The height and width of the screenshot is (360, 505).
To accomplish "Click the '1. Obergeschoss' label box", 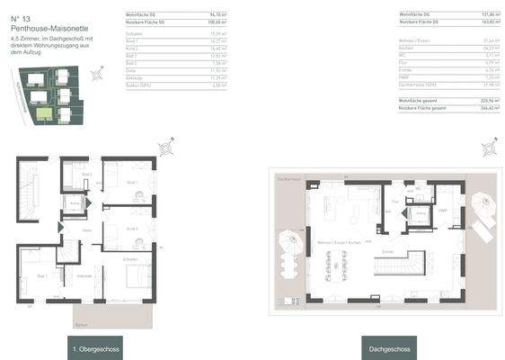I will coord(95,348).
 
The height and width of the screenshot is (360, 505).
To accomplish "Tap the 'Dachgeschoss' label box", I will coord(390,348).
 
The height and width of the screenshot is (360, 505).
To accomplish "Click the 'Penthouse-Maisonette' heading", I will coord(44,27).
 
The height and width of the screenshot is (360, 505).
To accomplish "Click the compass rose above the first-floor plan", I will coord(165,148).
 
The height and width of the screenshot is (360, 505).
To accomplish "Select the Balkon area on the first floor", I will coord(112,314).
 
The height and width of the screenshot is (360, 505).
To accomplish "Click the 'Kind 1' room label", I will coord(132,183).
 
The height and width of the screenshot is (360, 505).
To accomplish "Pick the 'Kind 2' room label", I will coord(132,229).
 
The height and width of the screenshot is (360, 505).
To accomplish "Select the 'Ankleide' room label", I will coord(84,275).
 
